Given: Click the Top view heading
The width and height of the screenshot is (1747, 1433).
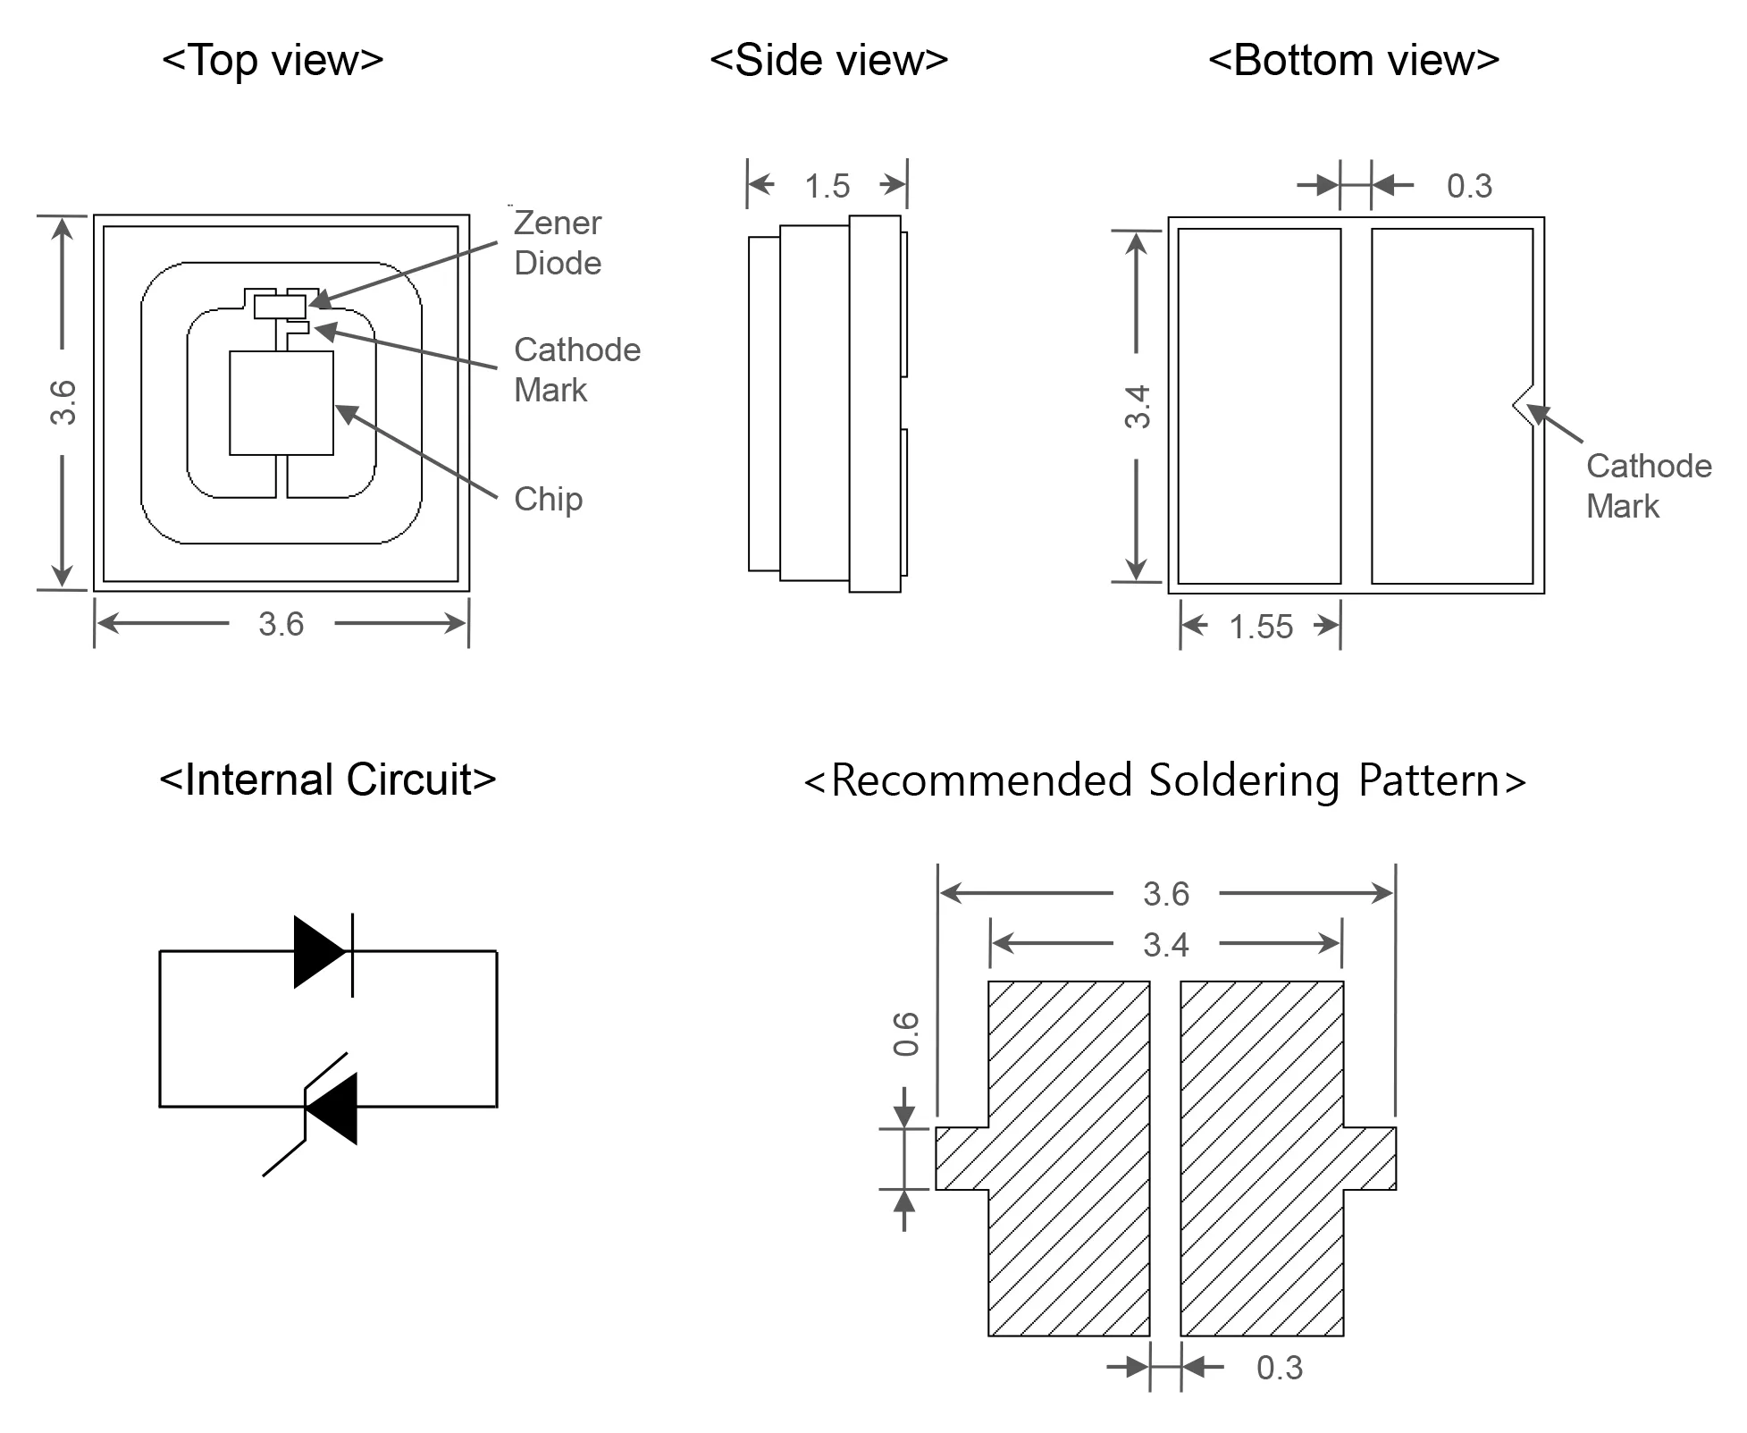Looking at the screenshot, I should pos(273,61).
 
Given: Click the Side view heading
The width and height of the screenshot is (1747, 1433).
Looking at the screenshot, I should pos(828,61).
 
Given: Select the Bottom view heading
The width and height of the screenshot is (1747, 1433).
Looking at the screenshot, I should pos(1353,61).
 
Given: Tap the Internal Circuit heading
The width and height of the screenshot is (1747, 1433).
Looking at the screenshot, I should pos(327,780).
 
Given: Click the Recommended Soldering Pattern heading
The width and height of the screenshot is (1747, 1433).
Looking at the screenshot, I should pos(1164,780).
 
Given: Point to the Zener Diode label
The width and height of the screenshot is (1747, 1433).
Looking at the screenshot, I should pos(558,243).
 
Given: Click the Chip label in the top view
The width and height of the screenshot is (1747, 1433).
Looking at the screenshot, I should pos(548,499).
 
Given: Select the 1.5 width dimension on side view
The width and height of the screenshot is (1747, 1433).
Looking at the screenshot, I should pos(827,186).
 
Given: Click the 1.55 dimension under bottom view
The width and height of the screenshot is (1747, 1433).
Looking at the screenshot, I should pos(1260,627).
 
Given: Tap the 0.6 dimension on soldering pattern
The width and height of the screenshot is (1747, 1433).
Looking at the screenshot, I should pos(906,1033).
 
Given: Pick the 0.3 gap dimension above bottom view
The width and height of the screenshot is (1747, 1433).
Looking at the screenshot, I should pos(1469,186).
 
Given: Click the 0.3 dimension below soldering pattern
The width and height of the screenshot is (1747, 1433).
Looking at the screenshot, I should pos(1279,1368).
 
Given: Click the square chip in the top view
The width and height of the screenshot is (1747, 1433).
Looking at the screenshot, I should pos(281,403).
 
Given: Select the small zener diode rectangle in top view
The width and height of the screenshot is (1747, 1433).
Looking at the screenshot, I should pos(280,307).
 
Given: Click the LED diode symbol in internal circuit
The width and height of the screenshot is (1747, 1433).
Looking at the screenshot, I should pos(322,952).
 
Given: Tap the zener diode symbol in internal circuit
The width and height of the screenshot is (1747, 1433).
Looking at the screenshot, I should pos(329,1108).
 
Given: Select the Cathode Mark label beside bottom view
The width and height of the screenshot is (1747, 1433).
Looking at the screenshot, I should pos(1648,485).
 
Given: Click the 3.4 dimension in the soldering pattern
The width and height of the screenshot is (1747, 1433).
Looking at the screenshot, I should pos(1165,945).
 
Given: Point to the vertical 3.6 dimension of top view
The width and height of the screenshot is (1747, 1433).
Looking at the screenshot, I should pos(63,402).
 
